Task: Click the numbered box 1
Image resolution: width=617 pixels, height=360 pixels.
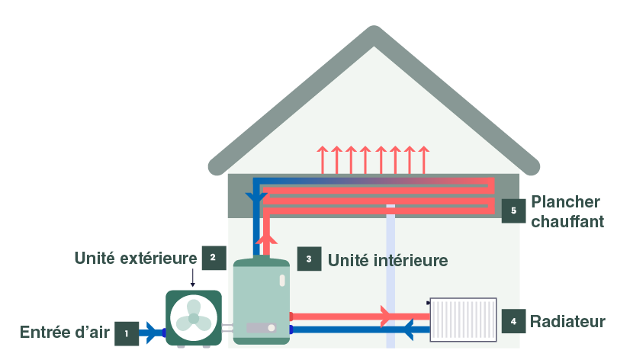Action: pyautogui.click(x=127, y=333)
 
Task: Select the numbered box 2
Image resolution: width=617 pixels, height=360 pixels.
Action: pyautogui.click(x=214, y=258)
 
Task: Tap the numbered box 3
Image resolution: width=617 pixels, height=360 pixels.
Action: pyautogui.click(x=309, y=259)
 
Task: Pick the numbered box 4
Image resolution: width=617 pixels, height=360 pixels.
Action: pyautogui.click(x=513, y=321)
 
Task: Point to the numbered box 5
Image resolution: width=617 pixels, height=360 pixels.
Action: pyautogui.click(x=513, y=211)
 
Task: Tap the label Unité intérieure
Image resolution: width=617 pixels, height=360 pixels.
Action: pyautogui.click(x=387, y=260)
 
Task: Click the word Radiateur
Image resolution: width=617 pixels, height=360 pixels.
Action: pyautogui.click(x=567, y=321)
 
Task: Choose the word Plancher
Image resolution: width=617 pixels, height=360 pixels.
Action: pyautogui.click(x=566, y=202)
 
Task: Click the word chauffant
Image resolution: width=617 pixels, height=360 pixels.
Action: pyautogui.click(x=567, y=221)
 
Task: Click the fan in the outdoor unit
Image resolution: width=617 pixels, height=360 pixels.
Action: pyautogui.click(x=194, y=317)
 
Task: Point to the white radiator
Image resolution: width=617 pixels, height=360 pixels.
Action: pyautogui.click(x=463, y=320)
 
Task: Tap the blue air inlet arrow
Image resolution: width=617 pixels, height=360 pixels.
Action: pyautogui.click(x=153, y=333)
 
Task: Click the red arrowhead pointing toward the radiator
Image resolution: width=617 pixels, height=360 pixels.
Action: pyautogui.click(x=387, y=315)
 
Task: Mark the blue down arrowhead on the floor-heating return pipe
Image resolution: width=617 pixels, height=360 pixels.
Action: pyautogui.click(x=256, y=199)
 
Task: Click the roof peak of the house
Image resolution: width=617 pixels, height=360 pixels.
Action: pyautogui.click(x=374, y=35)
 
